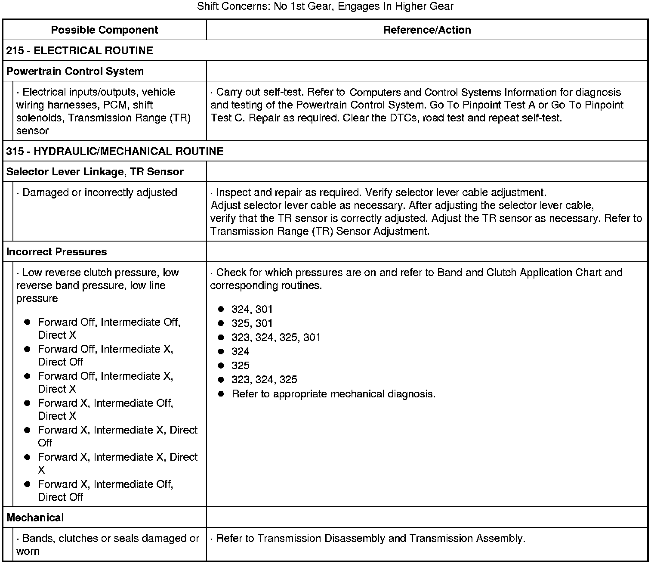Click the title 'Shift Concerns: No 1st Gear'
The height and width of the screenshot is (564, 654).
click(x=325, y=6)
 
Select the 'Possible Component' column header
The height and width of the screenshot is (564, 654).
click(x=105, y=30)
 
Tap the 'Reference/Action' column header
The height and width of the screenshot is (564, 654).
click(x=427, y=30)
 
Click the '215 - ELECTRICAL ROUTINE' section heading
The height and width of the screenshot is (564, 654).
click(x=80, y=50)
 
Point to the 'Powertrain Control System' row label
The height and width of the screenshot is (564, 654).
click(x=75, y=71)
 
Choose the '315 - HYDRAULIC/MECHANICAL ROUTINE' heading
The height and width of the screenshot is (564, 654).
click(x=115, y=151)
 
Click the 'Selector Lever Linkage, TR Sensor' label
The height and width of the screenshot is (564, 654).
click(x=95, y=171)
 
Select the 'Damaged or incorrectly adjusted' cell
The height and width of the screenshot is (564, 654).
click(x=99, y=192)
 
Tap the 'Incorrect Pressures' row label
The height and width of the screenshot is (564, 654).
click(x=56, y=251)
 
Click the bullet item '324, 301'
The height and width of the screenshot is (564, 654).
click(x=252, y=309)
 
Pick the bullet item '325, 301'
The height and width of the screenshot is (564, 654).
click(x=252, y=323)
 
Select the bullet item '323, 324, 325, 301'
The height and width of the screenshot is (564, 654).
click(x=276, y=337)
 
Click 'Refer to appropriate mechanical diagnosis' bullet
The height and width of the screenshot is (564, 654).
click(x=333, y=394)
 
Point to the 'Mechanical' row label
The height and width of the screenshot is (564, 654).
click(x=35, y=517)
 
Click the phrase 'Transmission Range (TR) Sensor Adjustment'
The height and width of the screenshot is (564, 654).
click(x=320, y=231)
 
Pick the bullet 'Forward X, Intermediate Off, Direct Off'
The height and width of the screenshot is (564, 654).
click(x=105, y=490)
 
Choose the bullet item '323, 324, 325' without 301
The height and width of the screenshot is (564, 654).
click(x=264, y=379)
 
